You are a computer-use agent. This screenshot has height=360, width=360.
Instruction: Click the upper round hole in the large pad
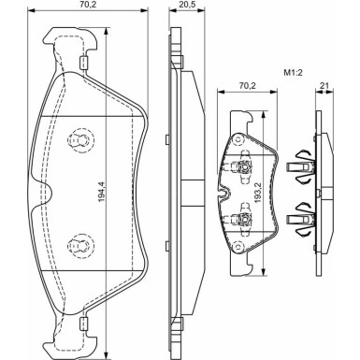tap(80, 142)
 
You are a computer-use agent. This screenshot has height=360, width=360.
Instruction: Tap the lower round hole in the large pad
tap(80, 246)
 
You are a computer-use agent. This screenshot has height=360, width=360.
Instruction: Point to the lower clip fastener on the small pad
tap(242, 222)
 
